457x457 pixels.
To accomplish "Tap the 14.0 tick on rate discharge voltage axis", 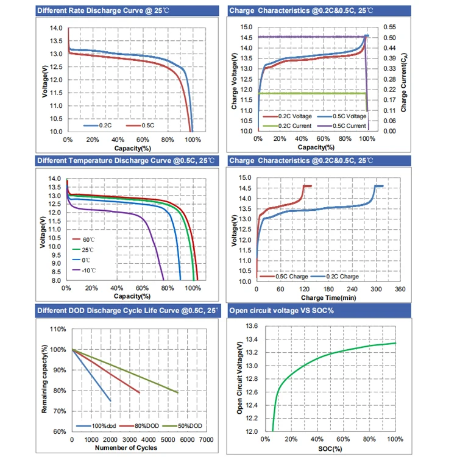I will [x=56, y=29].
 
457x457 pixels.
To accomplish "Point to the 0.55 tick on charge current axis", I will [x=389, y=27].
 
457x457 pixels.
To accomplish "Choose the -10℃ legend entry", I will [x=89, y=269].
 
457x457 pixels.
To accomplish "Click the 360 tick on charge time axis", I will [x=400, y=289].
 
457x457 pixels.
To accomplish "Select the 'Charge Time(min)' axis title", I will [x=329, y=297].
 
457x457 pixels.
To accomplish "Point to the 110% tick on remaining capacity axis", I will [x=58, y=329].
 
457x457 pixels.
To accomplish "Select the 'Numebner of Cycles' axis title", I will [x=126, y=448].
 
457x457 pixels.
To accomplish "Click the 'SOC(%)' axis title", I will [x=329, y=448].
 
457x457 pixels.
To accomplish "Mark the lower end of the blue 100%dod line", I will [x=110, y=400].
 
